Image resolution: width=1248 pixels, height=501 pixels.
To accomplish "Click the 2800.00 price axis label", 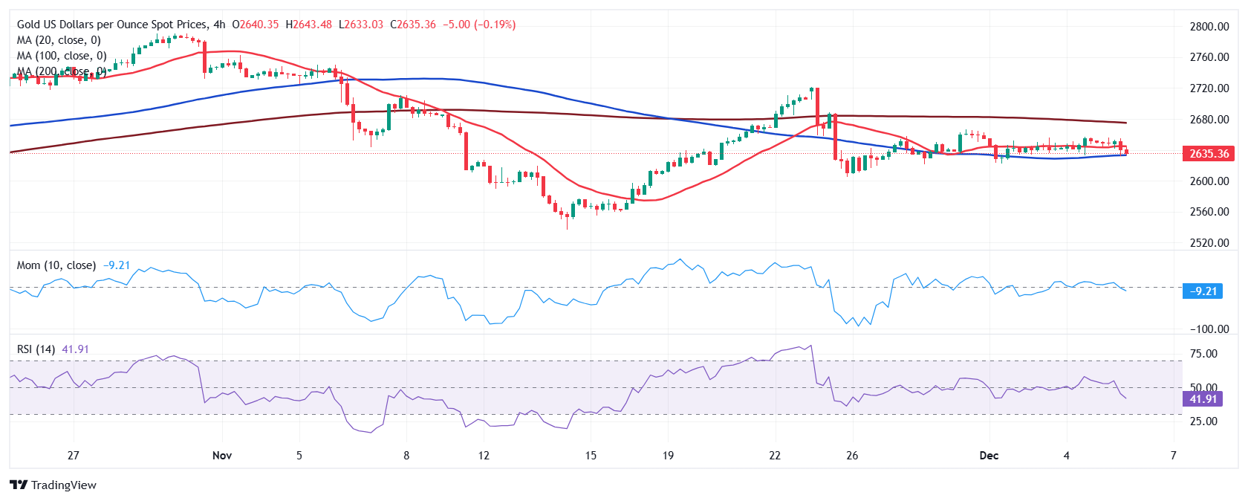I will point(1209,26).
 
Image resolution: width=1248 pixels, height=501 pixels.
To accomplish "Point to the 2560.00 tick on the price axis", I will point(1209,212).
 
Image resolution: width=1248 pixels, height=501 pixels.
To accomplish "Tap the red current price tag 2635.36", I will point(1209,154).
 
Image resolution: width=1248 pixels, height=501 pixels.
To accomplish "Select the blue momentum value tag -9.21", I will point(1203,291).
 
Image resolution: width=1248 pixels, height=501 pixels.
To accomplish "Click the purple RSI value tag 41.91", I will point(1203,399).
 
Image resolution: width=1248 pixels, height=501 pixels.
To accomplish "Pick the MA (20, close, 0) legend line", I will point(59,40).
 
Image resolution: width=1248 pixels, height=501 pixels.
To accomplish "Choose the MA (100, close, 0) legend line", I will point(62,56).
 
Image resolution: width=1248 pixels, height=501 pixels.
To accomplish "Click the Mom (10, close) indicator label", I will point(56,265).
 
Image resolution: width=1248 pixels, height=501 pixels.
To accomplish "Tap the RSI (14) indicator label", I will point(36,349).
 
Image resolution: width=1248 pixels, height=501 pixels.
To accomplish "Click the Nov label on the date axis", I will point(221,456).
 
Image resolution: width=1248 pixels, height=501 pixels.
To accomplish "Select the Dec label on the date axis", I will point(989,456).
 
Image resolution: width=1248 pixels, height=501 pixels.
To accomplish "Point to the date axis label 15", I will point(591,456).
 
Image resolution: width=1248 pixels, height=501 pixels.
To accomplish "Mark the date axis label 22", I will point(775,456).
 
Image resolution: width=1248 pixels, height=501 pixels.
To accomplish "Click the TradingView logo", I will point(53,485).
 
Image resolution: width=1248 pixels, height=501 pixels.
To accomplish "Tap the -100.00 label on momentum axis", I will point(1209,329).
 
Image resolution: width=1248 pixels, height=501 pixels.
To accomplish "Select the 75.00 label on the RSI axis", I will point(1203,354).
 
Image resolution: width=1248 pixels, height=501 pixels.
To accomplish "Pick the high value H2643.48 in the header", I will point(308,25).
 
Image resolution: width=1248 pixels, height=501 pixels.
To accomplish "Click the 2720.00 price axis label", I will point(1209,88).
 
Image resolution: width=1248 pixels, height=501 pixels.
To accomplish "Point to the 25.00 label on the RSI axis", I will point(1203,421).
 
